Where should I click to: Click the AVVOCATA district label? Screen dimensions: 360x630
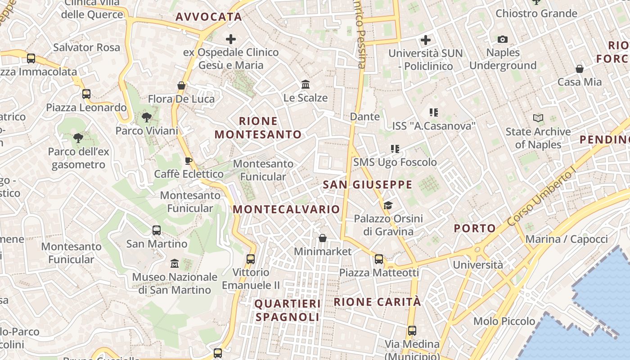(209, 17)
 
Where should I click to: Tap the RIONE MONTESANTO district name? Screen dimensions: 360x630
(258, 128)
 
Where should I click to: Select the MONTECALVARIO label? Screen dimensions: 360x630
(286, 209)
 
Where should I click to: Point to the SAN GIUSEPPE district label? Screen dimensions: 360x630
(368, 184)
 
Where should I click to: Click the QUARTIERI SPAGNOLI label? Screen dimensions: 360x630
(288, 310)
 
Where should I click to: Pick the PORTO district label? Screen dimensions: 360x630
(475, 228)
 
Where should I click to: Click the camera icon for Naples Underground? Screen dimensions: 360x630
(503, 40)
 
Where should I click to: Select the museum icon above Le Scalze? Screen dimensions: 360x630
(306, 84)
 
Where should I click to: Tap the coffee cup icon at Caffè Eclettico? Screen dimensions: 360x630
(189, 161)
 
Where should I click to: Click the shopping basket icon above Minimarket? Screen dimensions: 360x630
(323, 238)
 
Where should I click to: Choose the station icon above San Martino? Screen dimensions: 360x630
(157, 230)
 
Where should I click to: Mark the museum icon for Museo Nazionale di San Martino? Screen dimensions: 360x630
(175, 263)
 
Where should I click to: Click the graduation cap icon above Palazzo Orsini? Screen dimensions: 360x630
(388, 206)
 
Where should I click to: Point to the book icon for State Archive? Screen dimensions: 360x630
(538, 118)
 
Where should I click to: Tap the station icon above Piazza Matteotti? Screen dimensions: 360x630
(379, 259)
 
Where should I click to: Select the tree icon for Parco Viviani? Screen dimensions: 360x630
(146, 117)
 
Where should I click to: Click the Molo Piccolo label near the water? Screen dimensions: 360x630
(504, 321)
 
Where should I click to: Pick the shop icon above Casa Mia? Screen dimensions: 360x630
(580, 69)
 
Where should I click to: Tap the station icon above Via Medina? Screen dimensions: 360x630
(412, 331)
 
